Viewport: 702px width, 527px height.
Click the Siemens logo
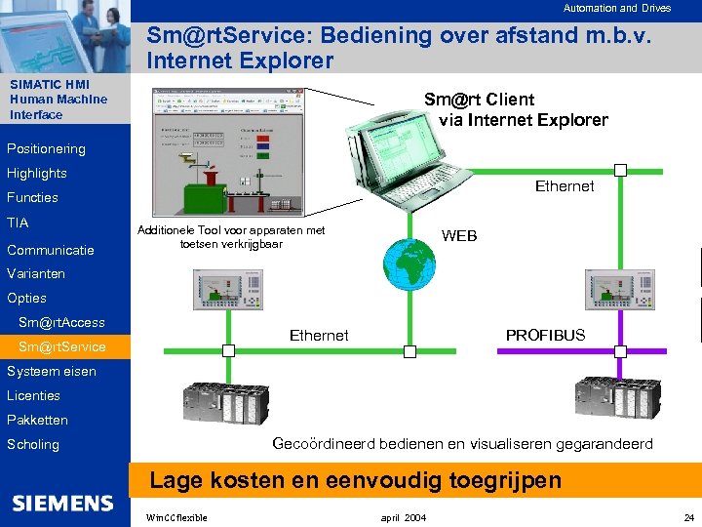[x=62, y=504]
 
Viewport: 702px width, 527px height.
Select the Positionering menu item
[x=46, y=149]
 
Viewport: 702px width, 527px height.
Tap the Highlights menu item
[x=37, y=174]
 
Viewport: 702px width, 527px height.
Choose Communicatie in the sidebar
[x=51, y=250]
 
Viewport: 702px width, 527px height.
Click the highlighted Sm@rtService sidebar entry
[x=61, y=346]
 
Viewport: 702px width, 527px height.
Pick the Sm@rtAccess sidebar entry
[x=60, y=322]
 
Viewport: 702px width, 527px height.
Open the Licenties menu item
[x=33, y=395]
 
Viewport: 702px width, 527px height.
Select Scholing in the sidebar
[x=33, y=444]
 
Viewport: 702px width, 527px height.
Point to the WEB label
[x=459, y=236]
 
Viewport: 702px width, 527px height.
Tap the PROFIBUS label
[x=545, y=335]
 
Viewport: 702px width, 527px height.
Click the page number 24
[x=688, y=516]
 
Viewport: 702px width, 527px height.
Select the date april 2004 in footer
[x=403, y=516]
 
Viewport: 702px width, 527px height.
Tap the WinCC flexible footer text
[x=175, y=516]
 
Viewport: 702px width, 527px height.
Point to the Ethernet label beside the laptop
[x=564, y=186]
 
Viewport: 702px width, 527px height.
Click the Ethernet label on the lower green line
[x=319, y=335]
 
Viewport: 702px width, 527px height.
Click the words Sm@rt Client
[x=479, y=100]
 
